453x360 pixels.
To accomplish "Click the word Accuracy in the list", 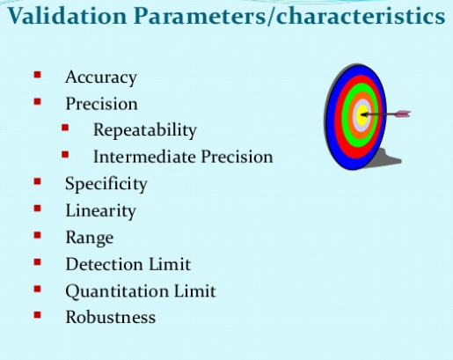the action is (x=101, y=77).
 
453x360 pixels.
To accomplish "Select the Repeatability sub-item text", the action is (x=145, y=130).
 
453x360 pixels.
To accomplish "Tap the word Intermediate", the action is (x=145, y=157).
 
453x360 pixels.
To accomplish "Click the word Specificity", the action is (x=106, y=184).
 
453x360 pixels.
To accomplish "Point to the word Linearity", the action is (x=101, y=211).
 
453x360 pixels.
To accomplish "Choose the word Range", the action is (x=90, y=238).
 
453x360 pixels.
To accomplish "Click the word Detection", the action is (x=105, y=264).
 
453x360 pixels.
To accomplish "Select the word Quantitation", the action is (x=117, y=291).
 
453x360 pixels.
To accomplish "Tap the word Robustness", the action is (x=111, y=317).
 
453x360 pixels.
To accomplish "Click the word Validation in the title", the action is (x=67, y=16).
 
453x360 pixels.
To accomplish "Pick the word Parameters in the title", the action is (x=200, y=17).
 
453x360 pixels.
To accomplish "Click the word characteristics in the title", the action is (x=361, y=16).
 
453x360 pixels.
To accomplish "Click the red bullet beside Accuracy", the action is (x=38, y=75).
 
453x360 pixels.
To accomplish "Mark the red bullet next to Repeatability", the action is (x=65, y=128).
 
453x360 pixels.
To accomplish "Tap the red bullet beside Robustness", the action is (x=38, y=315).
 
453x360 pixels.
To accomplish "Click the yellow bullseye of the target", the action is (x=362, y=115).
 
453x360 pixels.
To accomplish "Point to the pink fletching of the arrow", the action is (x=402, y=114).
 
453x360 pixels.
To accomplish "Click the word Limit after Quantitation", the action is (x=195, y=290).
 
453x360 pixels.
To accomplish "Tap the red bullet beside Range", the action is (x=38, y=235).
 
